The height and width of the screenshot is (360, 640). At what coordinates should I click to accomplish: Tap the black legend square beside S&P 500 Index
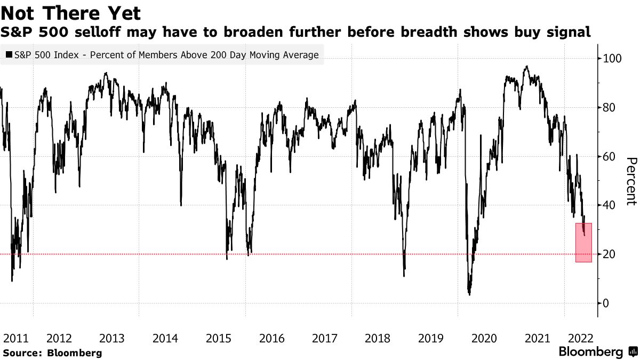click(9, 54)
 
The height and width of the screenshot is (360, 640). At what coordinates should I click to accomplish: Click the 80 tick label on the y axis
click(610, 107)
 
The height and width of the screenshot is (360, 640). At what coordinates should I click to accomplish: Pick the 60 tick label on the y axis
click(610, 156)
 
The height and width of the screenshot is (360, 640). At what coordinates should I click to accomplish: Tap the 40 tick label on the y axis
click(610, 205)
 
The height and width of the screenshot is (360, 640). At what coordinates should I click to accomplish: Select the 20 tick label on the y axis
click(610, 254)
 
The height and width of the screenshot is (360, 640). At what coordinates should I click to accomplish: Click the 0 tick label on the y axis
click(606, 303)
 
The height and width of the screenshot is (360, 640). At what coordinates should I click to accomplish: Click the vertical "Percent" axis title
click(631, 181)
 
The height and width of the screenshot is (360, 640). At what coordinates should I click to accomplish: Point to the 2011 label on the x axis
click(15, 338)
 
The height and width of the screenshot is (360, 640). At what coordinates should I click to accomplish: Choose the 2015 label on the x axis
click(218, 338)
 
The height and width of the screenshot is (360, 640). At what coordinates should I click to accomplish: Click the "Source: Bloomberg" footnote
click(52, 353)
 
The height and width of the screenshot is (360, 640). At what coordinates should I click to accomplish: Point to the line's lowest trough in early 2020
click(469, 293)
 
